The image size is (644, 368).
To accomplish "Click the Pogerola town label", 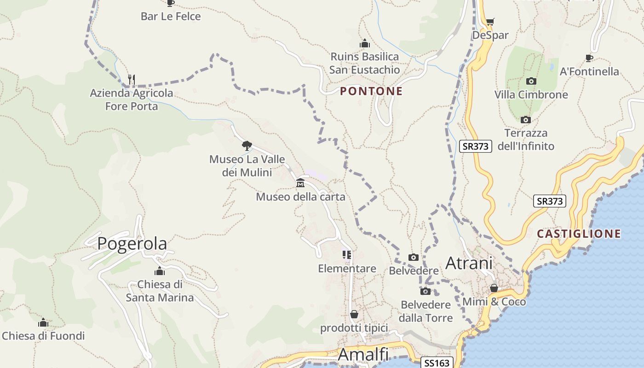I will click(x=132, y=243).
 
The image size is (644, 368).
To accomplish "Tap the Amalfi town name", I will click(x=363, y=354).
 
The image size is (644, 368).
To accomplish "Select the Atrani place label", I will click(x=469, y=263).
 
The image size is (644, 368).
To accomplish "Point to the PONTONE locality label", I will click(x=371, y=91).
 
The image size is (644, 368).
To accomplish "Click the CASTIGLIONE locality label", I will click(x=579, y=234).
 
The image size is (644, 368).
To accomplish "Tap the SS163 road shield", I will click(x=437, y=363).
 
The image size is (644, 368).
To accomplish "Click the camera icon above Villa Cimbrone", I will click(x=531, y=81).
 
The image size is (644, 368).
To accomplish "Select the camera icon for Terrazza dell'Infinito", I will click(x=525, y=120).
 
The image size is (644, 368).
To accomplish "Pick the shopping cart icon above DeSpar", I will click(x=490, y=22).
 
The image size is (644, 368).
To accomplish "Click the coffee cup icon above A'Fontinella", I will click(x=589, y=58).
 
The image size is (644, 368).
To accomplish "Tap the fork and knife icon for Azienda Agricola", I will click(x=132, y=79).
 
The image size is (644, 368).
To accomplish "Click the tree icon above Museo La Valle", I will click(x=247, y=146).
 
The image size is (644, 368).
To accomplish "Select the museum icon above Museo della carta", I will click(x=300, y=183).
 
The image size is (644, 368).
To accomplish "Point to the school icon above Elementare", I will click(x=347, y=255).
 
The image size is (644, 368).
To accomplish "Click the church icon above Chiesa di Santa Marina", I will click(x=160, y=271).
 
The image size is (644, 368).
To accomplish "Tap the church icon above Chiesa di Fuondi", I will click(x=43, y=322).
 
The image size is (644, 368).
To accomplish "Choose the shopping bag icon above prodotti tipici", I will click(x=354, y=315).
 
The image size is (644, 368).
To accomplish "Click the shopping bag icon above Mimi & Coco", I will click(x=494, y=288).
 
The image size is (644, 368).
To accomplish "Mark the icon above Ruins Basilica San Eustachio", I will click(x=365, y=44).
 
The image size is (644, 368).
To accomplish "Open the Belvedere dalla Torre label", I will click(x=425, y=311).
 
